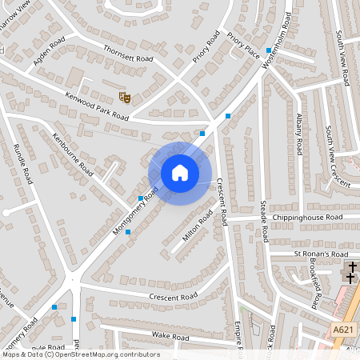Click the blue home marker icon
(x=179, y=173)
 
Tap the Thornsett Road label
(x=127, y=54)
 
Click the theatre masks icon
(x=125, y=97)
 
